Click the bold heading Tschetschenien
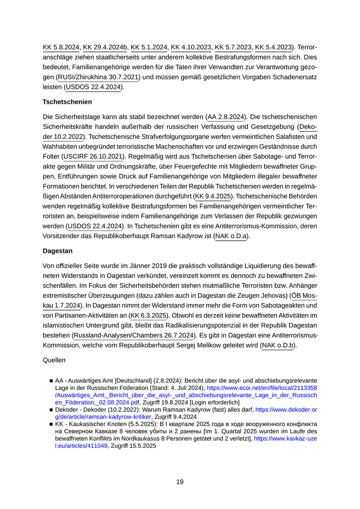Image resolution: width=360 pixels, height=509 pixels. click(x=67, y=102)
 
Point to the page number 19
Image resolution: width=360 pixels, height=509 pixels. click(x=179, y=482)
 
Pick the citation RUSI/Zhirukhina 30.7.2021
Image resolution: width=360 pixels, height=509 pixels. click(x=99, y=77)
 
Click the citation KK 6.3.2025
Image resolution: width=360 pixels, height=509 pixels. click(x=149, y=315)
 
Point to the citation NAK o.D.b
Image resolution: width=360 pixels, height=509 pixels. click(x=278, y=346)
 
